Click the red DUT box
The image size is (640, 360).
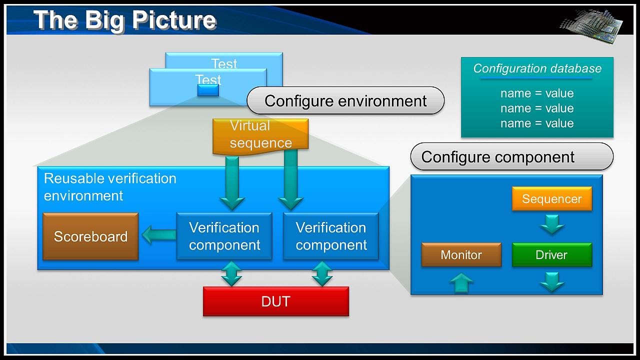tap(275, 301)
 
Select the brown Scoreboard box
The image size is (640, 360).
tap(90, 236)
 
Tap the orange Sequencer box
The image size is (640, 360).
tap(552, 199)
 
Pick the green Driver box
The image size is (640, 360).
tap(551, 255)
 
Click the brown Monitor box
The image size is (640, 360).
tap(461, 255)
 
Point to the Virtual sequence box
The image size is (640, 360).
tap(260, 135)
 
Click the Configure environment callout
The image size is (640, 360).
tap(345, 101)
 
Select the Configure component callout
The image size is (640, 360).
tap(511, 157)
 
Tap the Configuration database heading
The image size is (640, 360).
tap(537, 69)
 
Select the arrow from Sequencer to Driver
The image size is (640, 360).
tap(552, 224)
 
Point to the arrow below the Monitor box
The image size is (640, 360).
tap(461, 282)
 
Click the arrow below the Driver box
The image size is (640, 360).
tap(552, 281)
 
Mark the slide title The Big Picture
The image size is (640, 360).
tap(125, 20)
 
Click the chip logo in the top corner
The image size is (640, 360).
tap(592, 22)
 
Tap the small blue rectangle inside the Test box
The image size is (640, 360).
tap(208, 90)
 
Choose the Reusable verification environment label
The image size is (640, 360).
tap(110, 187)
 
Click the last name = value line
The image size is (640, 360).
tap(537, 123)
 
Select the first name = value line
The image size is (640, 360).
tap(537, 93)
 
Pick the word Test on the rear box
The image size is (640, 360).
tap(224, 63)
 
